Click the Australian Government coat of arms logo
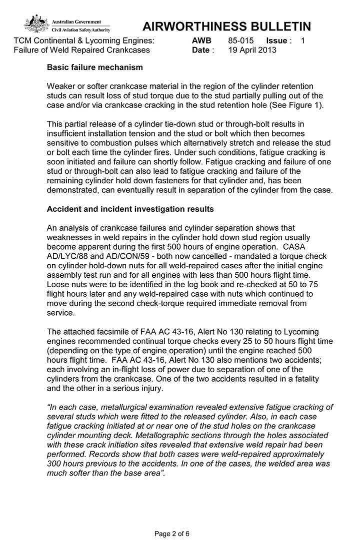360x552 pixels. coord(36,23)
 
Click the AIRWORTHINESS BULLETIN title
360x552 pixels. coord(226,26)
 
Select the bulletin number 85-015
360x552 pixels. coord(241,40)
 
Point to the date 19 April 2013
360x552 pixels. coord(252,50)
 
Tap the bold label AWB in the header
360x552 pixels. coord(201,40)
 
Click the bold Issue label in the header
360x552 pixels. coord(276,40)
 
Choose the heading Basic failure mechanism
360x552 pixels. coord(94,67)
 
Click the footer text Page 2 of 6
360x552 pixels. coord(172,534)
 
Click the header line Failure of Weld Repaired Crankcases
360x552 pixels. coord(81,50)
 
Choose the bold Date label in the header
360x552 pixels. coord(201,50)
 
